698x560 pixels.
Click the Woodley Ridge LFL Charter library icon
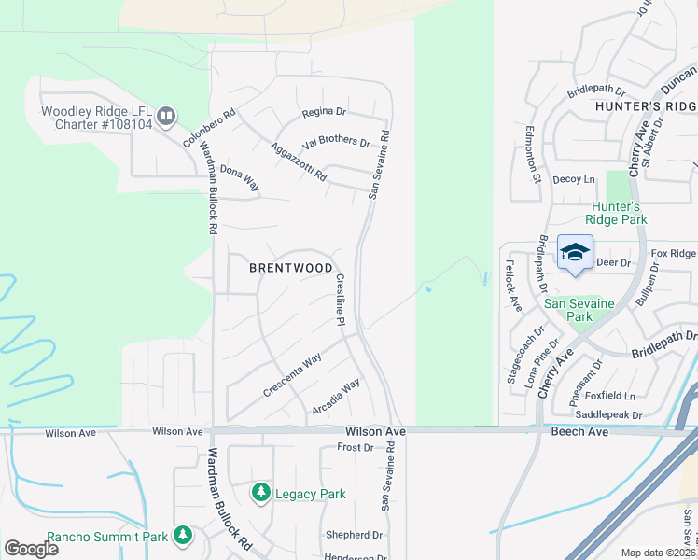tap(166, 116)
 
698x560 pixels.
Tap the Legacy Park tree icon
tap(261, 492)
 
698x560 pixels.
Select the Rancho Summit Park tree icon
tap(184, 535)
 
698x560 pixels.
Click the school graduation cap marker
tap(575, 252)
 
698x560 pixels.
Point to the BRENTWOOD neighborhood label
tap(291, 268)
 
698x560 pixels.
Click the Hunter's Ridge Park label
tap(617, 213)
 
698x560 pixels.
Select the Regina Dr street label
tap(323, 112)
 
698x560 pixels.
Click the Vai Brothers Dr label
tap(336, 144)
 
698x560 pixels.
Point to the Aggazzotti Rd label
tap(298, 161)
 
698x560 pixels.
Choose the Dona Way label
tap(240, 178)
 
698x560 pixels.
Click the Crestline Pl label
tap(341, 300)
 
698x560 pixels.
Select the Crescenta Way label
tap(291, 374)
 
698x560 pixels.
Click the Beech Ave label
tap(579, 431)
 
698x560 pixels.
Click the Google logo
tap(31, 549)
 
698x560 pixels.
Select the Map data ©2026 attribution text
tap(658, 553)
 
